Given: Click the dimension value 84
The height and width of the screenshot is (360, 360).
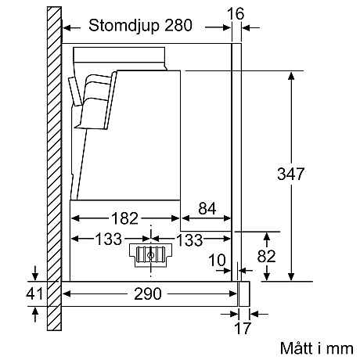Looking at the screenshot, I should coord(205,209).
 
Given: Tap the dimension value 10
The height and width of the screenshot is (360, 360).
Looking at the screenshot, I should coord(219,260).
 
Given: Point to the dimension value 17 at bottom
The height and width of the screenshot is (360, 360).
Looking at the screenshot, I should coord(245,329).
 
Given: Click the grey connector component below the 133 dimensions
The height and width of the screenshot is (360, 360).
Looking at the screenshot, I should coord(148,254).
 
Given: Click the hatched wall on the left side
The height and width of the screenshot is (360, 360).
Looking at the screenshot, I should coord(52,157).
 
